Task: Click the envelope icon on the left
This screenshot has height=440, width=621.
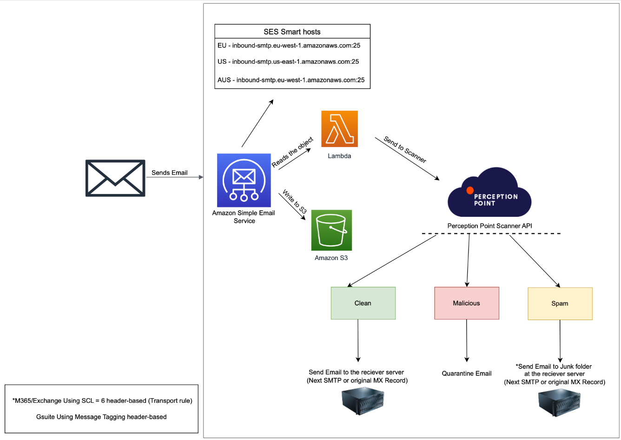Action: [115, 178]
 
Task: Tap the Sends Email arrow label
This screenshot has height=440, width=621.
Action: [169, 173]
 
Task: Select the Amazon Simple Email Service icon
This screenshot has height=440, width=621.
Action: [244, 180]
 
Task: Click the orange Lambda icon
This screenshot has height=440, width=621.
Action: [339, 129]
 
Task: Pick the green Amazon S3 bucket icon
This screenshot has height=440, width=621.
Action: [331, 230]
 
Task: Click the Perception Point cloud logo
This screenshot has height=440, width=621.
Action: [489, 193]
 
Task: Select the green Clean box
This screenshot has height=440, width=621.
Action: [363, 303]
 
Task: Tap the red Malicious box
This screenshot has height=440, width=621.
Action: [467, 303]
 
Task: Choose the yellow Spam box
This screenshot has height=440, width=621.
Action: [560, 304]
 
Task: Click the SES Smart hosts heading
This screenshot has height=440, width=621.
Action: [292, 32]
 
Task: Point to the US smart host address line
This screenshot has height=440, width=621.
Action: [288, 61]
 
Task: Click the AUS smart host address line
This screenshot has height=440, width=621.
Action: [291, 80]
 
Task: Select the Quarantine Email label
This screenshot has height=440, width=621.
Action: [467, 373]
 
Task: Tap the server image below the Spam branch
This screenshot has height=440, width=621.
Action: [559, 403]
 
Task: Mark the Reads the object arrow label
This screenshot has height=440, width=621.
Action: [292, 152]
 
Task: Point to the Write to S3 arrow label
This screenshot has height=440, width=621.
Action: [295, 201]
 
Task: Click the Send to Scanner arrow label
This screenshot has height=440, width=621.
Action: [405, 149]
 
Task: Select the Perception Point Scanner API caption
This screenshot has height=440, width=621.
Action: [489, 226]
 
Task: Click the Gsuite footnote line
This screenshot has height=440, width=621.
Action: [101, 417]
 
